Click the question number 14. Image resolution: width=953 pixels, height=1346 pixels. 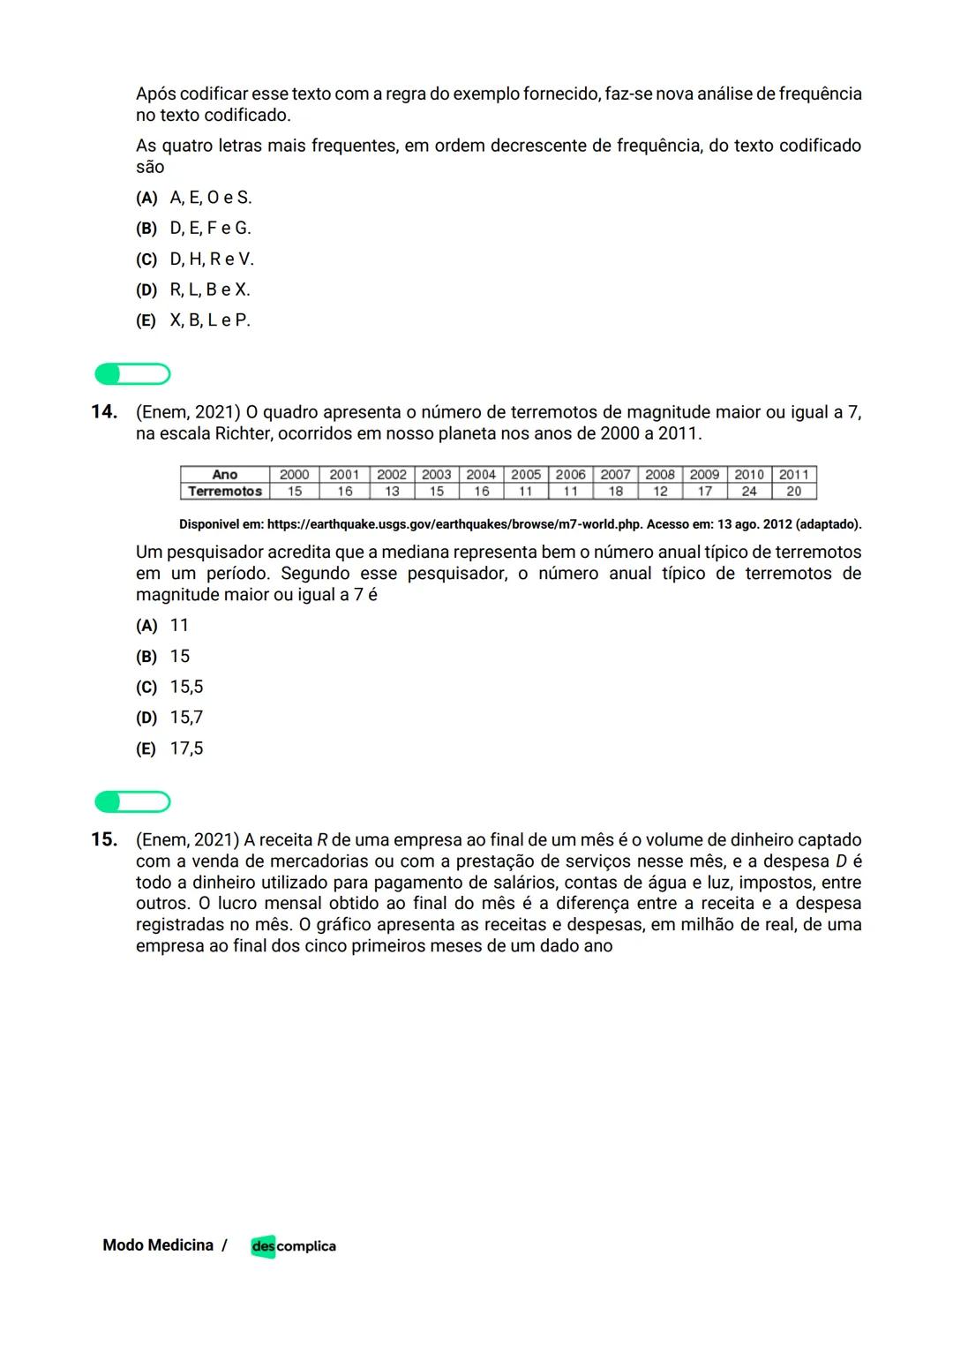pos(104,411)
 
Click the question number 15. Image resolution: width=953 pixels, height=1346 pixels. pos(104,839)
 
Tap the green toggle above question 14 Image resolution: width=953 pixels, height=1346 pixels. pos(132,374)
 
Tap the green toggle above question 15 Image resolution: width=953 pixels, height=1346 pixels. pos(132,802)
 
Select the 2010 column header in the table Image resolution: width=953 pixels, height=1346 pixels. pos(748,475)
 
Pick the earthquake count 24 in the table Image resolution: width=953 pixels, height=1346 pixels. pos(748,492)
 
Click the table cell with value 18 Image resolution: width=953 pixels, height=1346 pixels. pos(615,492)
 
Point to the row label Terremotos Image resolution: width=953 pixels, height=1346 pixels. pos(225,492)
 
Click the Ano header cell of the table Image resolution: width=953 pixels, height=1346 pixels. pos(225,475)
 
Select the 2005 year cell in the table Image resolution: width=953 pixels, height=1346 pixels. pos(526,475)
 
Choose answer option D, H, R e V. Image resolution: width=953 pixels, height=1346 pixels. pos(211,259)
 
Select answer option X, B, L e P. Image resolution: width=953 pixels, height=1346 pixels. pos(209,320)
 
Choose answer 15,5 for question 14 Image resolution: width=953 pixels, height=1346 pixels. pos(186,687)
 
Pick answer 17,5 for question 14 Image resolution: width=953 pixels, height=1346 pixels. pos(186,748)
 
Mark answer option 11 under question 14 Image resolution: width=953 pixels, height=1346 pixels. pos(179,625)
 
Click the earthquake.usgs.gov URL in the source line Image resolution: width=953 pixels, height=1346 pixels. pos(454,524)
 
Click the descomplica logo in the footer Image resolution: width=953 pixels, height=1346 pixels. pos(293,1245)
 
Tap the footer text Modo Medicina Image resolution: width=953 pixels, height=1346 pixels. pos(158,1245)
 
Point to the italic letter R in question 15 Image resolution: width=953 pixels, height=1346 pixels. pos(322,840)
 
